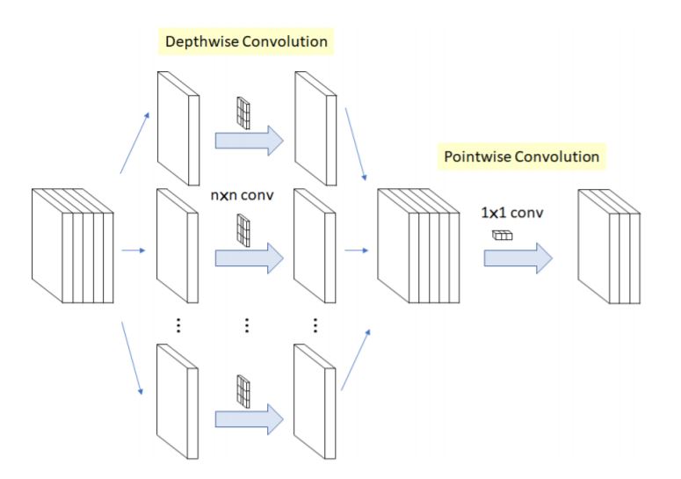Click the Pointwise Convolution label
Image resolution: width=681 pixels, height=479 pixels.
pos(521,156)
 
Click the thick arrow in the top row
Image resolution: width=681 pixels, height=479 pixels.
pos(249,139)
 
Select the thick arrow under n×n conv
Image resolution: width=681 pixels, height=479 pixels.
pos(249,257)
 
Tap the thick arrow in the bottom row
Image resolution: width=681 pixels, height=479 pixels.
pos(249,416)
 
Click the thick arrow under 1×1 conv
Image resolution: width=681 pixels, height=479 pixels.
pos(517,258)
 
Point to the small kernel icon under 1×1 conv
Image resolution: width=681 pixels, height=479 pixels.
pos(502,235)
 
